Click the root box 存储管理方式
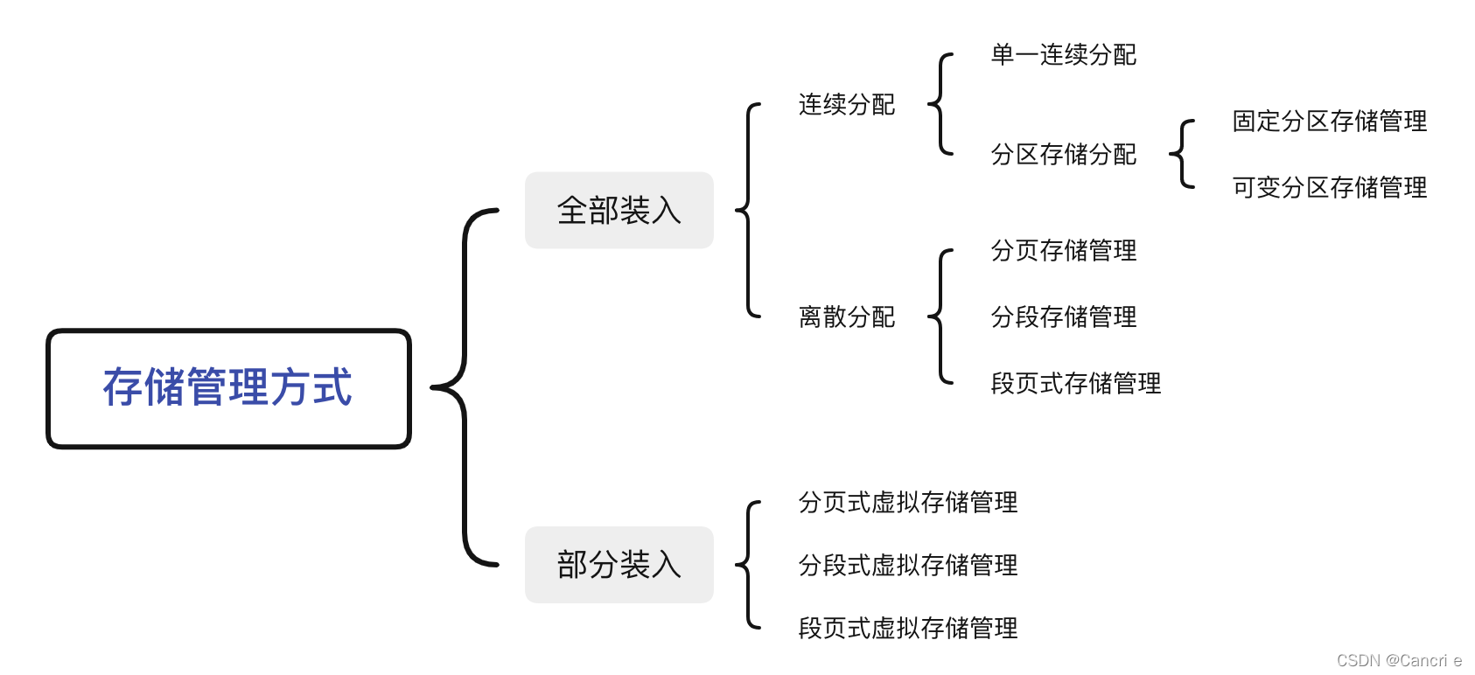tap(228, 388)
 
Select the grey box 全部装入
tap(619, 211)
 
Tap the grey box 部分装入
tap(619, 565)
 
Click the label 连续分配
tap(846, 105)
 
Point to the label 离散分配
tap(846, 317)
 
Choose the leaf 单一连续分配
tap(1063, 55)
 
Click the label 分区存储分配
tap(1063, 155)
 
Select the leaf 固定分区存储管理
tap(1329, 122)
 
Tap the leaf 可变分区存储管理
tap(1329, 187)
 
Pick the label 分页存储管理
tap(1063, 251)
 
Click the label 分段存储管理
tap(1063, 317)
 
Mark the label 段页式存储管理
tap(1075, 383)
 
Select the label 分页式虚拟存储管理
tap(907, 503)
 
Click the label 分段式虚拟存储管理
tap(907, 566)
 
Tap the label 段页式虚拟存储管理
tap(907, 628)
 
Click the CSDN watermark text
tap(1398, 660)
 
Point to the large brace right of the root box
tap(464, 387)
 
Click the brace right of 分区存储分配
tap(1181, 155)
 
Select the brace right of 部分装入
tap(748, 565)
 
